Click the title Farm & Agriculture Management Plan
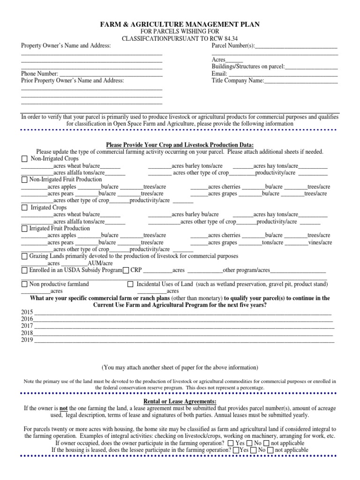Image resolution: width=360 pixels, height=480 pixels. pyautogui.click(x=180, y=24)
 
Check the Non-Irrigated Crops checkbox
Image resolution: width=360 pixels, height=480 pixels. pyautogui.click(x=25, y=159)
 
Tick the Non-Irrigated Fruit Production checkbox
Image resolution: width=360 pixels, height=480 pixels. pyautogui.click(x=24, y=180)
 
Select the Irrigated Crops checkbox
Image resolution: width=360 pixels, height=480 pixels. pyautogui.click(x=25, y=207)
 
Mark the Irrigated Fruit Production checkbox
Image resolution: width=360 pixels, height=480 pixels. pyautogui.click(x=24, y=229)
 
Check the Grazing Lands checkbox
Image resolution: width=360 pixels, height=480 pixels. pyautogui.click(x=24, y=257)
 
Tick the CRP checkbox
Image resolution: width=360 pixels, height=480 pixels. pyautogui.click(x=126, y=271)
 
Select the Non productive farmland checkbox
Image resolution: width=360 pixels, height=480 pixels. pyautogui.click(x=24, y=285)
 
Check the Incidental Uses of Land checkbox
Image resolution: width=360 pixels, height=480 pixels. pyautogui.click(x=131, y=285)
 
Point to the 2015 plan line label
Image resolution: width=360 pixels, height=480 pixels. pyautogui.click(x=27, y=312)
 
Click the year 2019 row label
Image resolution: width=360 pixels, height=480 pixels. pyautogui.click(x=27, y=340)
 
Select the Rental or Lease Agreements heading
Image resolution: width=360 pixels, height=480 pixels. pyautogui.click(x=180, y=402)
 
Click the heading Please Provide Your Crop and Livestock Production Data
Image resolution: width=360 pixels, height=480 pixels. pyautogui.click(x=180, y=145)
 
